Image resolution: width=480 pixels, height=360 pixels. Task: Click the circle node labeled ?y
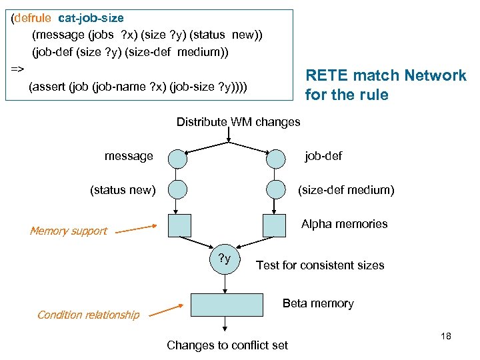[225, 259]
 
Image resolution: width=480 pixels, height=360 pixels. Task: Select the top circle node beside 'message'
[177, 159]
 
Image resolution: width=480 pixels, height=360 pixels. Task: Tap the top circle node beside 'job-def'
[276, 159]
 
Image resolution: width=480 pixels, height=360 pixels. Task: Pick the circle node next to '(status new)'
[177, 189]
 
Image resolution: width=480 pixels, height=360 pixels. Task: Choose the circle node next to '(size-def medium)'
[276, 189]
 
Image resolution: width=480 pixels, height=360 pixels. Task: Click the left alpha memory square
[180, 225]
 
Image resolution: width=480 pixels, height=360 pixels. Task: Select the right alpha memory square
[274, 225]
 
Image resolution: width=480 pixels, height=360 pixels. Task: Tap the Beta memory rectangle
[227, 305]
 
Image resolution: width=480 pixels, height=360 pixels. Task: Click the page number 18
[446, 336]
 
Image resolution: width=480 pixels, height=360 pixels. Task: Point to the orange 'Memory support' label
[69, 231]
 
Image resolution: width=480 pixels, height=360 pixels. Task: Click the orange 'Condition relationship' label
[89, 315]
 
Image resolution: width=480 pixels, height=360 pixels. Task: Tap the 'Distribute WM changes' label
[238, 122]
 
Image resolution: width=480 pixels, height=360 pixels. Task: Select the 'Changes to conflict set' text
[227, 345]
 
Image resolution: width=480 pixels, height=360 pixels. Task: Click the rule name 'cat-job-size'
[91, 18]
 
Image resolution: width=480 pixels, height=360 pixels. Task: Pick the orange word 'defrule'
[33, 18]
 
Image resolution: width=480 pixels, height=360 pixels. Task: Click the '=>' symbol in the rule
[17, 69]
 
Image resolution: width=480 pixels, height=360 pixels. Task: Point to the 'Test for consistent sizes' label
[320, 265]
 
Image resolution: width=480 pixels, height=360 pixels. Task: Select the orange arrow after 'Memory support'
[136, 229]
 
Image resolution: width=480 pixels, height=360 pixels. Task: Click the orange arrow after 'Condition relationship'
[166, 310]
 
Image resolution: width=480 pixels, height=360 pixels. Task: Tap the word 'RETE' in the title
[327, 75]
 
